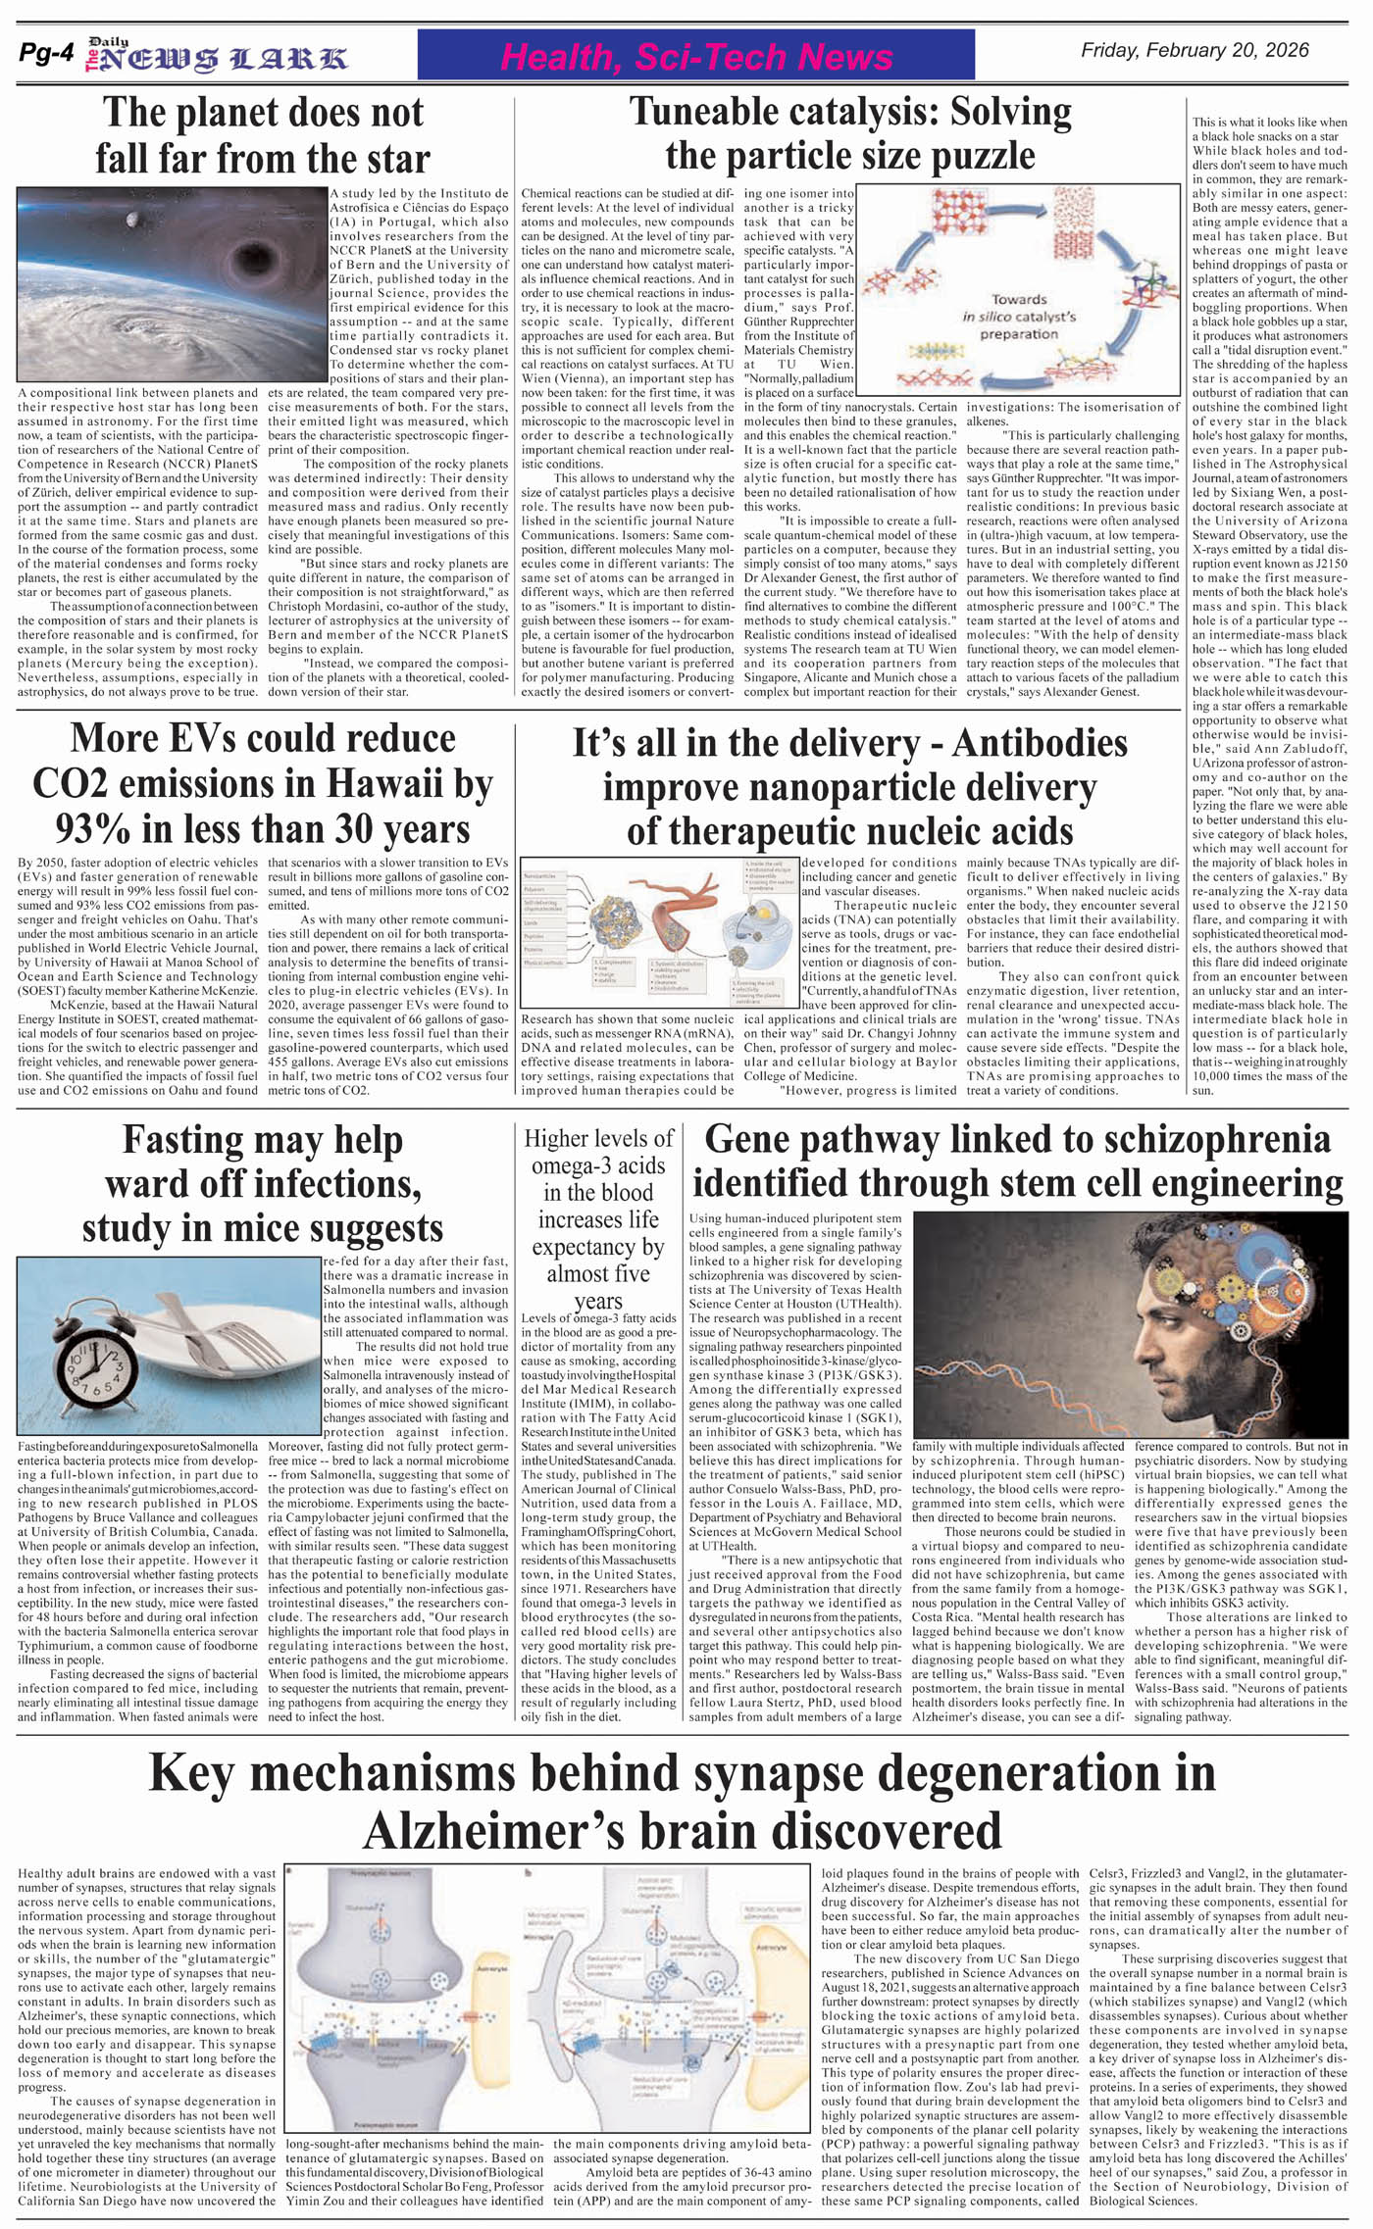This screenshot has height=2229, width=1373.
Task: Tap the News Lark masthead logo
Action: [216, 57]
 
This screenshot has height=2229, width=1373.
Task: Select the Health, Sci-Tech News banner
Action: [695, 56]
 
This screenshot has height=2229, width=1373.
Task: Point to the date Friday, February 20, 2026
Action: [1195, 51]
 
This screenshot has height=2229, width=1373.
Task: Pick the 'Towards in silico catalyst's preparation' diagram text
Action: [1019, 316]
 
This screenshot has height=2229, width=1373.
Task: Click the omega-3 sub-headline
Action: [598, 1219]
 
